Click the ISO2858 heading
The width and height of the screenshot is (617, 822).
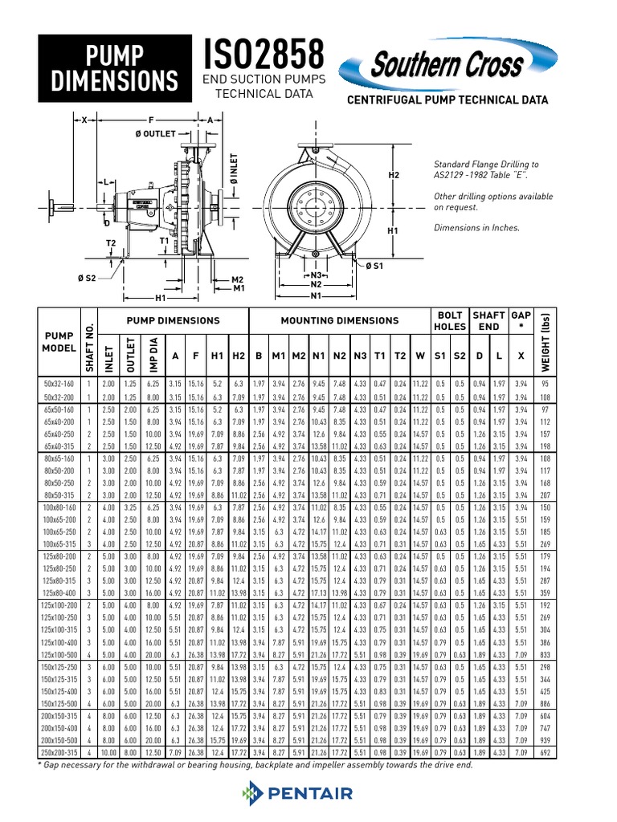(266, 54)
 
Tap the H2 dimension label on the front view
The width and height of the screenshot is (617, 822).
(394, 174)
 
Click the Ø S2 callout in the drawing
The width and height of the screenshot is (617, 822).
(87, 278)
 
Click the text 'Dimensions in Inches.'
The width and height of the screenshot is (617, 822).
(476, 227)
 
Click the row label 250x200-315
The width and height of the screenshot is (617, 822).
(61, 752)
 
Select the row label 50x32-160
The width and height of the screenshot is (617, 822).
(61, 384)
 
